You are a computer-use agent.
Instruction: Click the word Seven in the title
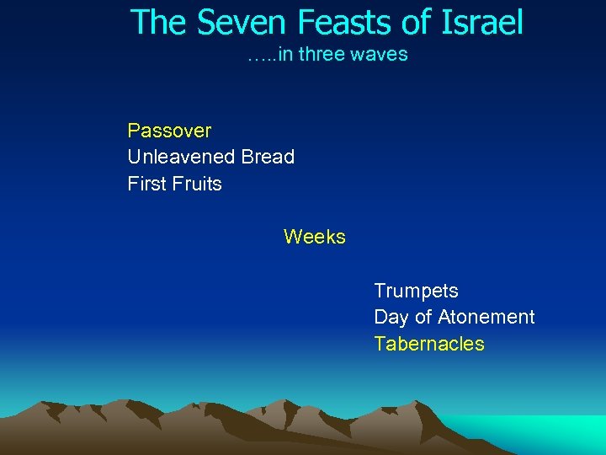(x=228, y=23)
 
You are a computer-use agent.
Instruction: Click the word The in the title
(x=157, y=23)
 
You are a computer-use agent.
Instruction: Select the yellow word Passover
(x=169, y=131)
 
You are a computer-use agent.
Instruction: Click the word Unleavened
(x=181, y=157)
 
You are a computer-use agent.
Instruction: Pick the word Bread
(x=268, y=157)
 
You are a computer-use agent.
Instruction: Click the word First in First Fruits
(x=146, y=184)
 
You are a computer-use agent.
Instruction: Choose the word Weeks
(x=315, y=237)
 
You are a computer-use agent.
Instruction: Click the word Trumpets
(x=416, y=291)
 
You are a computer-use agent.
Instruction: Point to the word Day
(x=391, y=318)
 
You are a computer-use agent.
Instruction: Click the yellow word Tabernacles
(x=429, y=344)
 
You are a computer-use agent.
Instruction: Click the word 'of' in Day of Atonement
(x=423, y=317)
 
